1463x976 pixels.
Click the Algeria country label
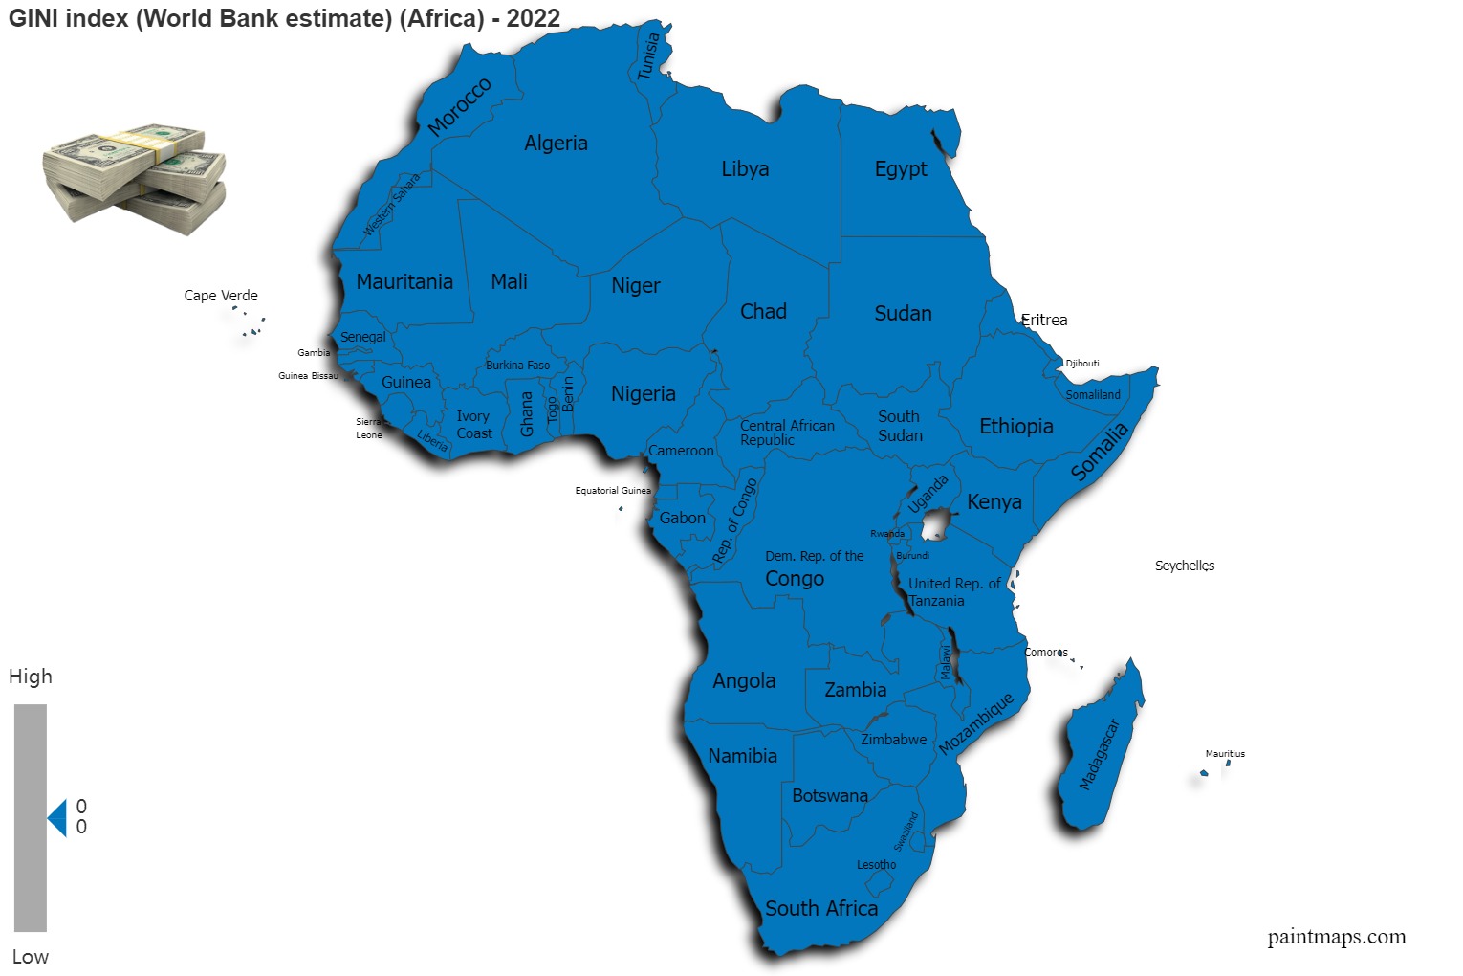[x=556, y=144]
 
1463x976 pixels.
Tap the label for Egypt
[x=901, y=169]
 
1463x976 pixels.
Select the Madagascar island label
[x=1099, y=755]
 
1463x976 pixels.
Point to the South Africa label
[x=821, y=909]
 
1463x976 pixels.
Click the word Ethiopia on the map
[x=1015, y=427]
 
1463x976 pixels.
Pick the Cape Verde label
[x=221, y=296]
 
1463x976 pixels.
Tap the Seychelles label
[x=1184, y=566]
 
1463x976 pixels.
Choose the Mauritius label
[x=1225, y=754]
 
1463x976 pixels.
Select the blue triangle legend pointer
[x=58, y=818]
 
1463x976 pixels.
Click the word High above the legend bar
[x=31, y=677]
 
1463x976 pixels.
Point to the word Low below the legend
[x=31, y=957]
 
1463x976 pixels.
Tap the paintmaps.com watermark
[x=1336, y=937]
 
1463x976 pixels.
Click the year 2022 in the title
[x=533, y=18]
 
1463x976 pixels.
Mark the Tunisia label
[x=648, y=56]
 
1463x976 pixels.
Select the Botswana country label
[x=830, y=796]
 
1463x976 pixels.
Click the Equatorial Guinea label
[x=612, y=491]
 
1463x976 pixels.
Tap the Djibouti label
[x=1082, y=364]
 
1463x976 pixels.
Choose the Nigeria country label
[x=643, y=394]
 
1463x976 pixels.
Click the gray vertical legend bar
[x=31, y=818]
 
